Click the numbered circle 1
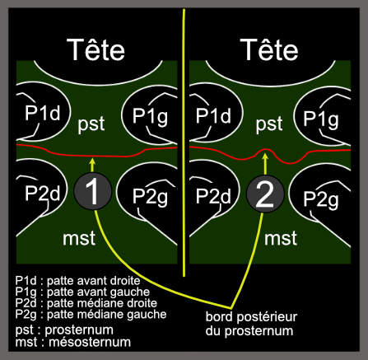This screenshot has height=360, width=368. click(93, 191)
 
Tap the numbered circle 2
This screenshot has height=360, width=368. click(265, 194)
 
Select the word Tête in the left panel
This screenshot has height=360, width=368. click(95, 49)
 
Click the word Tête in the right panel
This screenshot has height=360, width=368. click(269, 49)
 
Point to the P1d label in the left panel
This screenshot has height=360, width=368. click(43, 113)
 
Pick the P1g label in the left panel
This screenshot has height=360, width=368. click(150, 116)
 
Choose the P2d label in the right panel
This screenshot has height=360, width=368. click(213, 196)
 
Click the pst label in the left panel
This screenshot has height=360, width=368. click(91, 124)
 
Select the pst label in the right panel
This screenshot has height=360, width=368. click(269, 124)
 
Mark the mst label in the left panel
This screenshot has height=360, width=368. click(79, 238)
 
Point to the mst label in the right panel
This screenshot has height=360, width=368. click(281, 238)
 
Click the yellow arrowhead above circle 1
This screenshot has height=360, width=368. click(93, 161)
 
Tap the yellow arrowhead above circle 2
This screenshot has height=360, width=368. click(265, 157)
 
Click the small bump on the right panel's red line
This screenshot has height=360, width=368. click(265, 150)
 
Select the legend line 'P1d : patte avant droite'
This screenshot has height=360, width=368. click(77, 281)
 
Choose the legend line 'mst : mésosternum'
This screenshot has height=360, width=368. click(73, 342)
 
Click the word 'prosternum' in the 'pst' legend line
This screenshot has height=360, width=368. click(79, 330)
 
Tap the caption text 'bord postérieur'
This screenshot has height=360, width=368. click(251, 317)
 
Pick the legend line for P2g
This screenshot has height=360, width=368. click(91, 315)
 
